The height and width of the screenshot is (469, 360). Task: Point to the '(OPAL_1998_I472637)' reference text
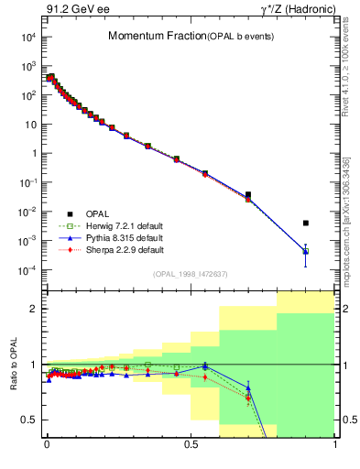(191, 273)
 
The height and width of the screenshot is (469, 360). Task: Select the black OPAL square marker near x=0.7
(248, 194)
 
